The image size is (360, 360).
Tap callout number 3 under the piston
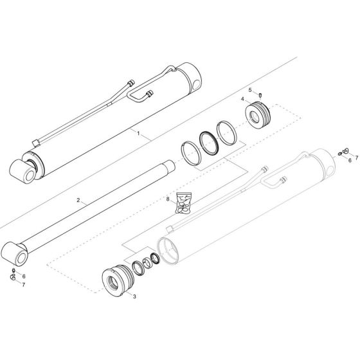(x=134, y=296)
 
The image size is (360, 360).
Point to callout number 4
(x=242, y=100)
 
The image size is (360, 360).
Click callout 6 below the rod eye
(x=24, y=276)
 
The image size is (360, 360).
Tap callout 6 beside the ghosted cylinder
(x=349, y=159)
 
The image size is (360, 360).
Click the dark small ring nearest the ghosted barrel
(x=155, y=260)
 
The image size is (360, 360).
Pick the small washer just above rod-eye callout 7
(x=14, y=277)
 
